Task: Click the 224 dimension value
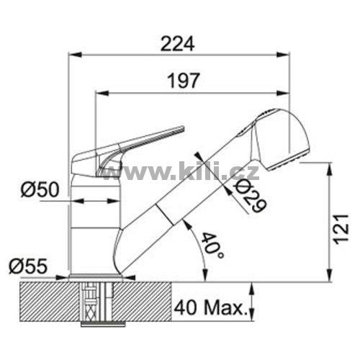[x=177, y=44]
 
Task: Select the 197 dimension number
[x=184, y=81]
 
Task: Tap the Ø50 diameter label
[x=40, y=189]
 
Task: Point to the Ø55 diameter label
[x=28, y=266]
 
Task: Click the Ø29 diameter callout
[x=251, y=197]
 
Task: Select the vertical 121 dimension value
[x=341, y=229]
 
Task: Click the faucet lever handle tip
[x=183, y=128]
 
